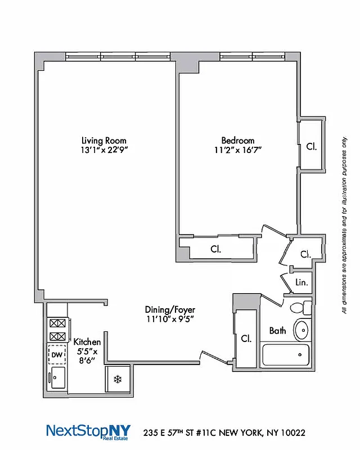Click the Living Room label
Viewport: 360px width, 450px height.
click(103, 141)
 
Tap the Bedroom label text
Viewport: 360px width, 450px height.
click(237, 141)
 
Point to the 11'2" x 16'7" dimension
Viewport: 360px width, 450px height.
click(238, 150)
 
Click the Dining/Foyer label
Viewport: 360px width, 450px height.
click(170, 309)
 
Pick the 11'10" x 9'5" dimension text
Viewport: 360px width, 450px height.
click(170, 319)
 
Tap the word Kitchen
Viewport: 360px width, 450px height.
click(87, 342)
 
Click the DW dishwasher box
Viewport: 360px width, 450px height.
click(57, 354)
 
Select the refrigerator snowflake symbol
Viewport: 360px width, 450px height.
click(118, 379)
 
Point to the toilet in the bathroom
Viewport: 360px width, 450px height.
click(299, 308)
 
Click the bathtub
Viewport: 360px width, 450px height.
click(287, 354)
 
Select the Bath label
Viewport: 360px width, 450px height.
click(277, 331)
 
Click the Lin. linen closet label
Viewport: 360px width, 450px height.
click(302, 283)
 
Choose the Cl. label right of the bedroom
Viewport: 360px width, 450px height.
click(312, 147)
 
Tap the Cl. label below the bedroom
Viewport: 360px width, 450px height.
click(215, 248)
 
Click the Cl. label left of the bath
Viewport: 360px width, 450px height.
click(246, 339)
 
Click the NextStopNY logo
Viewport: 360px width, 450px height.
click(88, 432)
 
